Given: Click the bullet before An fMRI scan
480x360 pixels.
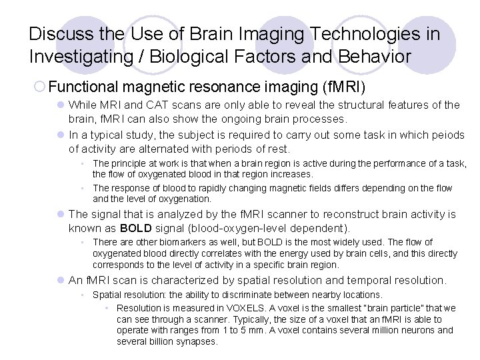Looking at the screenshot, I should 60,281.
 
